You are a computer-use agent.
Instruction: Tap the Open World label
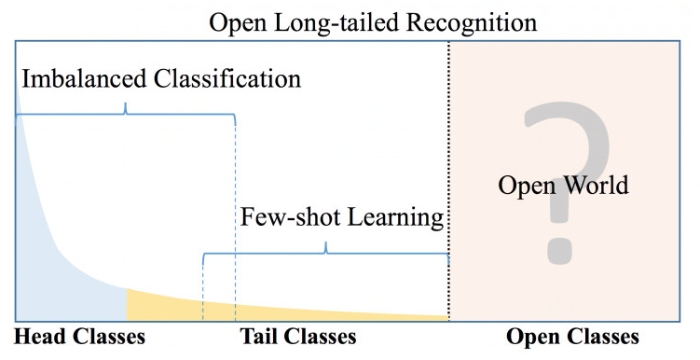563,185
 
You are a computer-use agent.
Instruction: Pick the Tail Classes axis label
298,337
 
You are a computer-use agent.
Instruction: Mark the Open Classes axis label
572,337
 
